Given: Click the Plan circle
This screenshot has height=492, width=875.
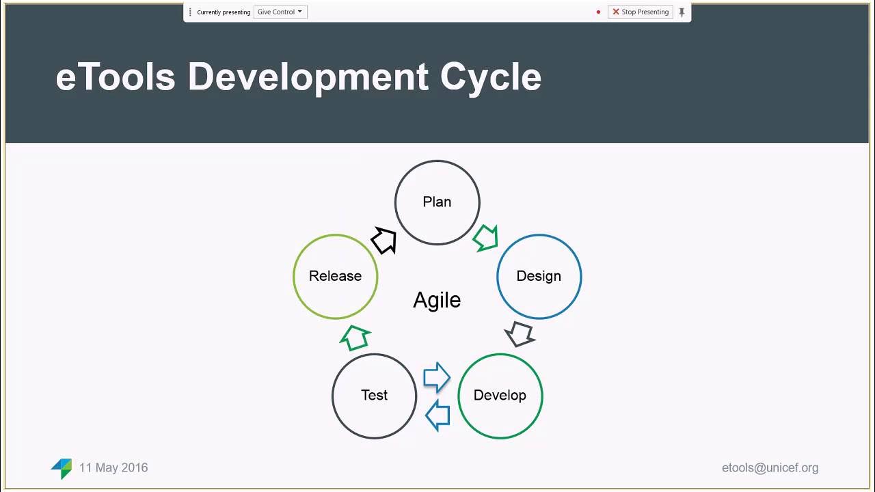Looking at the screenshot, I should [x=437, y=202].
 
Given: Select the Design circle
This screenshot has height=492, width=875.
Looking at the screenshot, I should [x=539, y=276].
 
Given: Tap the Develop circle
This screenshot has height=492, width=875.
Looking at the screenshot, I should [x=500, y=395].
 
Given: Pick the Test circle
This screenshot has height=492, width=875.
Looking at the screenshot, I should [x=374, y=395].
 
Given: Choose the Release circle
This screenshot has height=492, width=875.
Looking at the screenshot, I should [x=335, y=276].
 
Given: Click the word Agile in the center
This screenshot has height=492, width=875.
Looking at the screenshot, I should [x=437, y=300].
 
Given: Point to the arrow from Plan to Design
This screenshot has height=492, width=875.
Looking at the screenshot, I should [x=485, y=238].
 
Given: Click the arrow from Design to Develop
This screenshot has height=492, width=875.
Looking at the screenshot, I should [x=520, y=334].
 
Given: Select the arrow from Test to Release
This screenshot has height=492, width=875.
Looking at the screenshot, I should [x=355, y=337].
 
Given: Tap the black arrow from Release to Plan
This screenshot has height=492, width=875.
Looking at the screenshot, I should [x=384, y=241].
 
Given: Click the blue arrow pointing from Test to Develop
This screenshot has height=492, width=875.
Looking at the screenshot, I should [x=436, y=377].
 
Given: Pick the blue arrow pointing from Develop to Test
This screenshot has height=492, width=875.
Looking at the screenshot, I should [x=437, y=415].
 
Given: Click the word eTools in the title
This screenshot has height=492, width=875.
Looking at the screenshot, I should [x=116, y=77].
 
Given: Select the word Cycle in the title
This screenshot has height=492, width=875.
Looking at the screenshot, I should [x=490, y=77].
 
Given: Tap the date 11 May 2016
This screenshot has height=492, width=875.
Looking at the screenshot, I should [x=113, y=468].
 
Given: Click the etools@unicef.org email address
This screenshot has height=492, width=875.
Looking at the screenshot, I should [x=770, y=468].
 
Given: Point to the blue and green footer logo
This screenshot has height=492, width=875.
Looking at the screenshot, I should [x=62, y=468].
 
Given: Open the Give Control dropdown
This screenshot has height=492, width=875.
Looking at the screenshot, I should [x=280, y=12].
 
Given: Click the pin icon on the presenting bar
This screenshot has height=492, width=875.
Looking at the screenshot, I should [x=682, y=12].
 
